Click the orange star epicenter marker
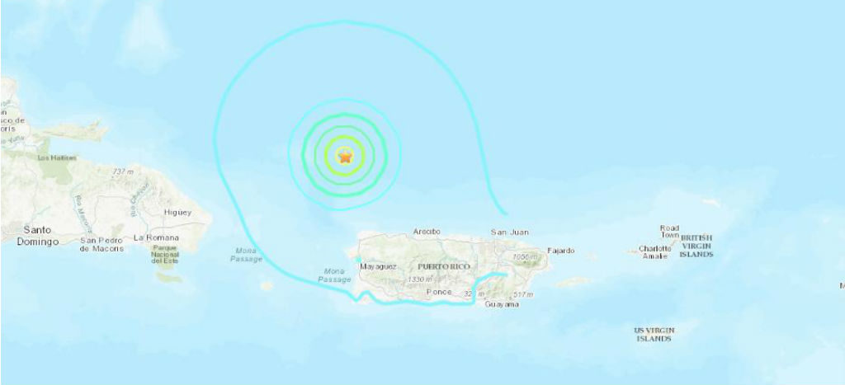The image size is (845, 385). click(345, 155)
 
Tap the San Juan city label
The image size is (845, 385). click(509, 232)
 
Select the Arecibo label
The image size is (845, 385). click(427, 232)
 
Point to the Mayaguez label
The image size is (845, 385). click(379, 267)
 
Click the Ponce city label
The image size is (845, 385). click(440, 293)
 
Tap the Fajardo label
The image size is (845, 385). click(560, 251)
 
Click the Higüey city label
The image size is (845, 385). click(177, 213)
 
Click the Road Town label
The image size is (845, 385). click(668, 232)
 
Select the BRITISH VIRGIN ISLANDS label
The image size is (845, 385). click(696, 246)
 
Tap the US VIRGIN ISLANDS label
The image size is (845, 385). click(653, 334)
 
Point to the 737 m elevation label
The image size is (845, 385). click(123, 171)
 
